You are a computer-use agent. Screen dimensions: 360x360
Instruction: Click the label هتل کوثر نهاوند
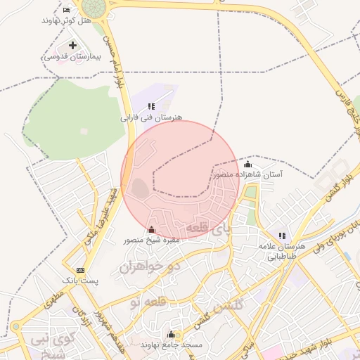(67, 21)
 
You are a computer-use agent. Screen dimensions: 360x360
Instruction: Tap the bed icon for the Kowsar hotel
(67, 10)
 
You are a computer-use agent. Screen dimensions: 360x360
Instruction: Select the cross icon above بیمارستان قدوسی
(73, 46)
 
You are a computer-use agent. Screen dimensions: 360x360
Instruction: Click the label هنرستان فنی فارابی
(152, 117)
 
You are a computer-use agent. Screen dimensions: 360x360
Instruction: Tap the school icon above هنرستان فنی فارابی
(151, 106)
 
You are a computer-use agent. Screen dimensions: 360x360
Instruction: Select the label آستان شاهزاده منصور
(248, 174)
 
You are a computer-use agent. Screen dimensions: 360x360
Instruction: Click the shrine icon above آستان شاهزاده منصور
(247, 164)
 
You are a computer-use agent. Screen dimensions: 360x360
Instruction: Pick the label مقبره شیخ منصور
(152, 240)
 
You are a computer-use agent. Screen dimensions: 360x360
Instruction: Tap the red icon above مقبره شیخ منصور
(151, 229)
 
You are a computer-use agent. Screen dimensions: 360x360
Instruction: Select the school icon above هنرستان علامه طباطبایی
(282, 236)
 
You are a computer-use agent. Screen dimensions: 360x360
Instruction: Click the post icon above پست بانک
(80, 270)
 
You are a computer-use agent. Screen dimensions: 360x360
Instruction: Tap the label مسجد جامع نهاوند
(172, 345)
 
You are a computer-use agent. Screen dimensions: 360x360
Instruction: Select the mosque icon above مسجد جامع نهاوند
(171, 334)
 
